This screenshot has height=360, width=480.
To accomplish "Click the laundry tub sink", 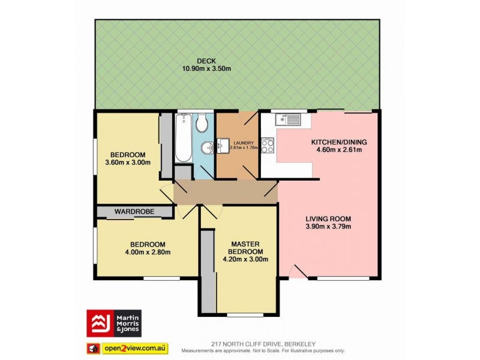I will (x=223, y=143).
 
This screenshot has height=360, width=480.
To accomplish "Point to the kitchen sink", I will (x=289, y=120).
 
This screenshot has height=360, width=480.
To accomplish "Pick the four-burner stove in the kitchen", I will (x=268, y=146).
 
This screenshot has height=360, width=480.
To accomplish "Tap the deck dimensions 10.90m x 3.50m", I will (x=206, y=68).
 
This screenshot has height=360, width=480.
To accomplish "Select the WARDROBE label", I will (x=135, y=212).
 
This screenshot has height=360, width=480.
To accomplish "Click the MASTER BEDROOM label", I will (x=245, y=248).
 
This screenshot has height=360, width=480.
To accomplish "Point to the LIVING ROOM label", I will (x=328, y=218).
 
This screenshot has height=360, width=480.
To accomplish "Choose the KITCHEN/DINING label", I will (x=338, y=142).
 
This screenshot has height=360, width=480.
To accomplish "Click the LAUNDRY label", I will (x=235, y=143).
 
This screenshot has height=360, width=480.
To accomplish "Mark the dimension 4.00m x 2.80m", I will (x=148, y=252).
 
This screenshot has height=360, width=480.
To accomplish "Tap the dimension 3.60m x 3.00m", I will (x=127, y=162).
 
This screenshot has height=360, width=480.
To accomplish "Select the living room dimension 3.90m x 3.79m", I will (x=328, y=227).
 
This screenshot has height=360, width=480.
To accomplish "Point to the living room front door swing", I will (x=298, y=273).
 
